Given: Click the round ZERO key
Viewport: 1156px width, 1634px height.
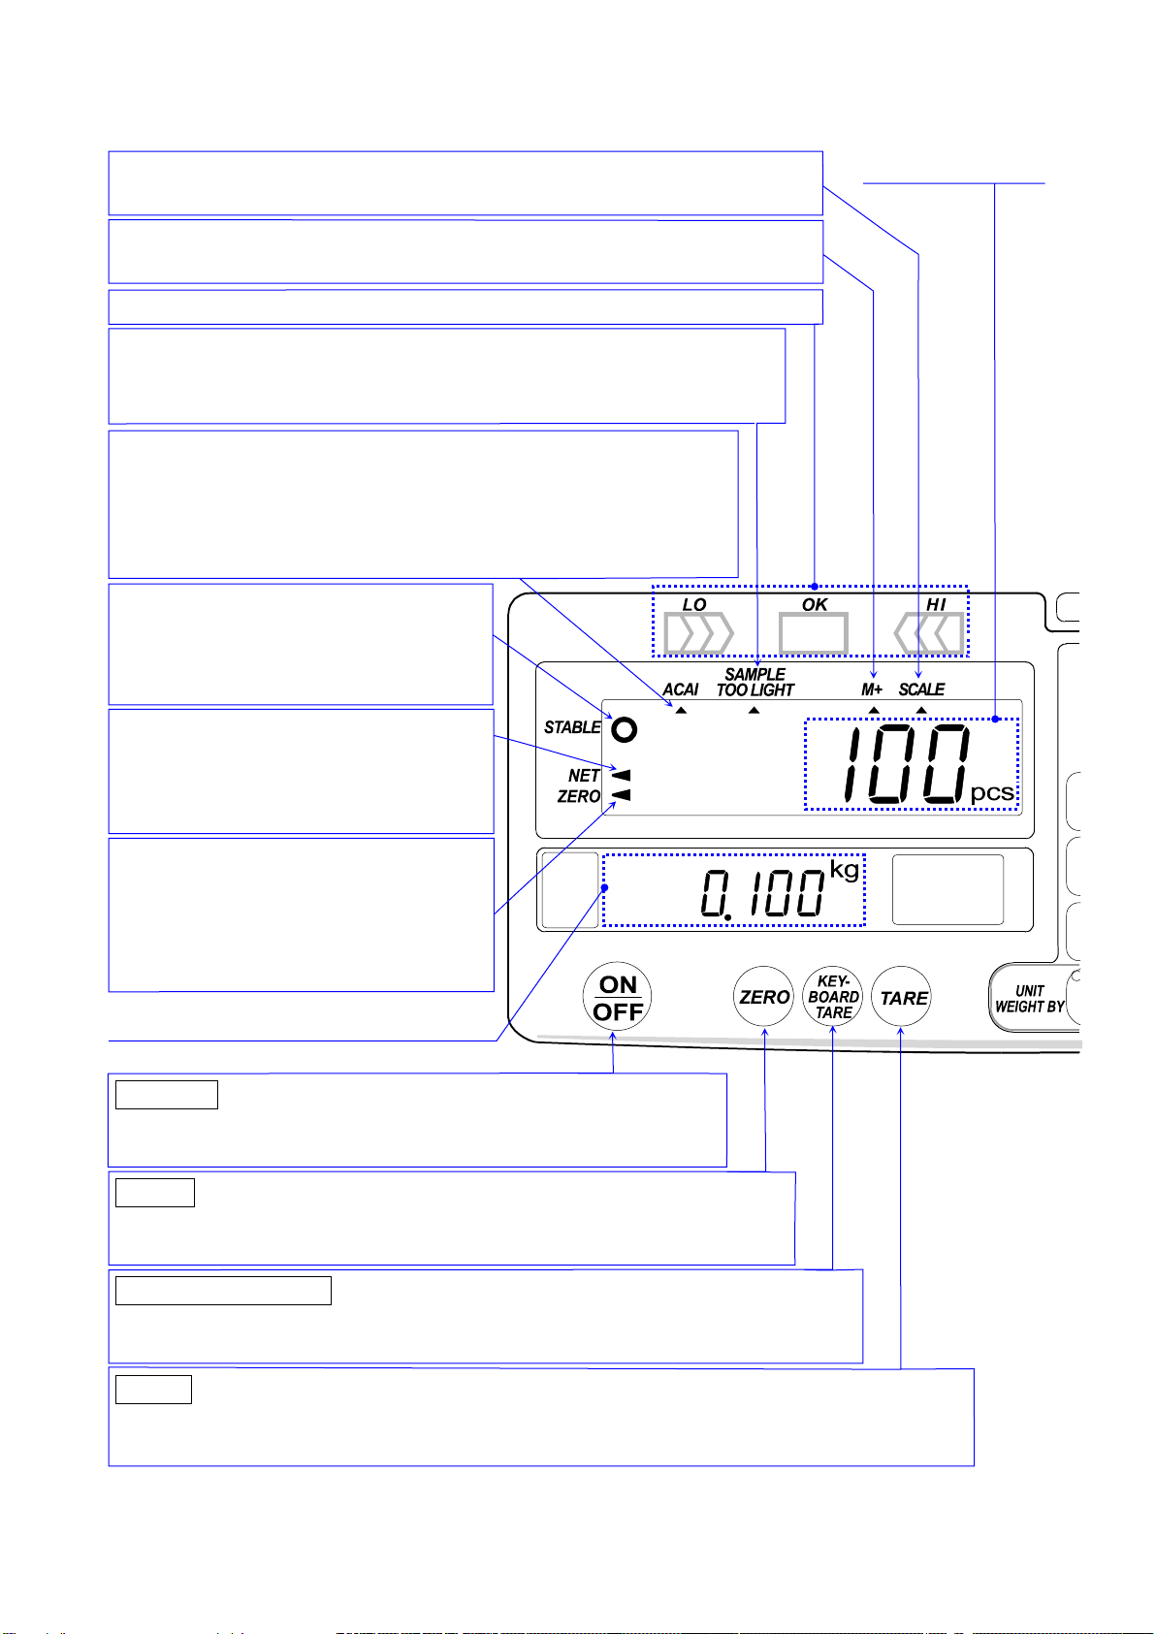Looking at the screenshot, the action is coord(764,997).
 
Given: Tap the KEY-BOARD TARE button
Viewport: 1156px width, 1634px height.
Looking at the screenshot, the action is coord(833,997).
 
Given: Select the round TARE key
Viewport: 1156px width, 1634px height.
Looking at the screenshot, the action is coord(903,998).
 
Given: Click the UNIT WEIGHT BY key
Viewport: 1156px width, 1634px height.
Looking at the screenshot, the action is coord(1030,999).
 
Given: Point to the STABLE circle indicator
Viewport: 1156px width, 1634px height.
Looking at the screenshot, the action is coord(626,729).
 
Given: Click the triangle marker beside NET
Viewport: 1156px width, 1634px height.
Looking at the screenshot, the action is coord(622,776).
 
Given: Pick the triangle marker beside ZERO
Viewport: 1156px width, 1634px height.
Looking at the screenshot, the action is coord(622,795).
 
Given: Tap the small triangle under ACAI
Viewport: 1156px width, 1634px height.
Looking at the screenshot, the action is coord(681,711).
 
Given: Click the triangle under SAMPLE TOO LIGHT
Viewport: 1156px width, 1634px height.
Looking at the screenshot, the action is coord(755,711).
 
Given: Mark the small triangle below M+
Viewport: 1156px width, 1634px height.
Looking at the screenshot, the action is coord(873,711).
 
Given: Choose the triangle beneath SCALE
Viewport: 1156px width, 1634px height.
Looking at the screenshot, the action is coord(921,711).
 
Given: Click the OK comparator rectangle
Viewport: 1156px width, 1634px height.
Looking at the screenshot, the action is coord(814,633).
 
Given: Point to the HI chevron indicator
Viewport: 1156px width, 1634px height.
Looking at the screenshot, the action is coord(929,634).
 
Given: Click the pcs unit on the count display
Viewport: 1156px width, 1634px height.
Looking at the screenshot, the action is coord(992,793).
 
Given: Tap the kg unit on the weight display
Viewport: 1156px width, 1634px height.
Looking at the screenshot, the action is coord(845,869).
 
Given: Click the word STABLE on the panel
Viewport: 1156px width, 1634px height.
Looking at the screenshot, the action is coord(572,727).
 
